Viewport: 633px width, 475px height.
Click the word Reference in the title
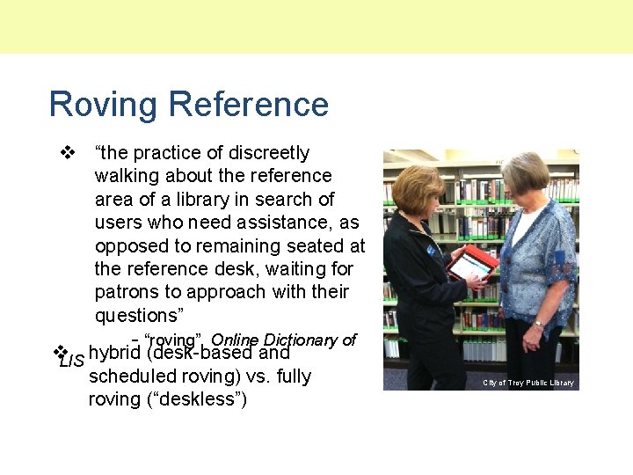249,104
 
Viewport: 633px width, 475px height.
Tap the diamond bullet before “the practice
64,153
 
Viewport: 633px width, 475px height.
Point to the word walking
126,177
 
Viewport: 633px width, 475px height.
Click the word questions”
137,315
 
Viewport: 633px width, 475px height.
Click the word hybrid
115,354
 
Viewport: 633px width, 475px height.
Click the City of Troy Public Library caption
528,383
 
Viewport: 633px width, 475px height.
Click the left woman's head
418,187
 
